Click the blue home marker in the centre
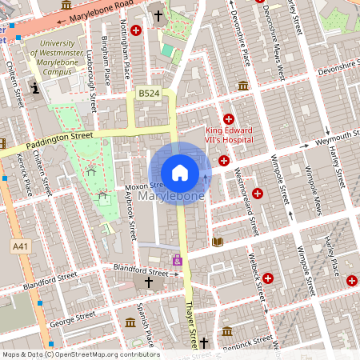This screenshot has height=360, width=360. coord(180,173)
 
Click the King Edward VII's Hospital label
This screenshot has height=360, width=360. coord(229,135)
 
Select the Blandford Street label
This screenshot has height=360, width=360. coord(139,270)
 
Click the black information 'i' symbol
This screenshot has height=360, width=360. coord(34,87)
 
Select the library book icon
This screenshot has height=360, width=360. coord(217,241)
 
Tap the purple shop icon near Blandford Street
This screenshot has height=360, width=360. coord(178,260)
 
